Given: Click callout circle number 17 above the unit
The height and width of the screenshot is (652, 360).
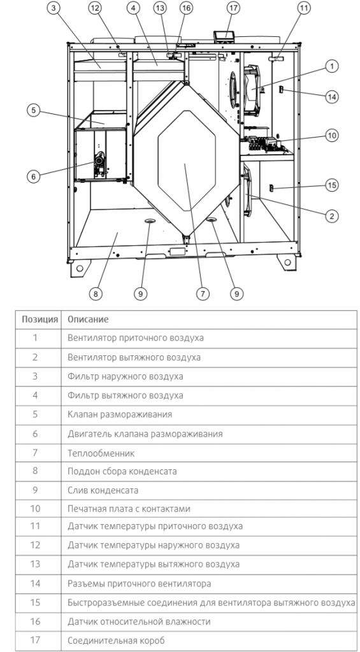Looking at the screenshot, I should click(x=233, y=8).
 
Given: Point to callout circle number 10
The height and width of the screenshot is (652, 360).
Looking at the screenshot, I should click(x=331, y=135).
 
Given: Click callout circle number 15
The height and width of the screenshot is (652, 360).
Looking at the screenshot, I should click(x=331, y=185).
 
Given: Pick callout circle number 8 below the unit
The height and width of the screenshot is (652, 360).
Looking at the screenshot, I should click(x=95, y=294).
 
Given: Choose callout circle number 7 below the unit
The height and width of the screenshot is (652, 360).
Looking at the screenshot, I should click(x=202, y=294).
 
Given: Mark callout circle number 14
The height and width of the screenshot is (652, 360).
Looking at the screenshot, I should click(x=331, y=97).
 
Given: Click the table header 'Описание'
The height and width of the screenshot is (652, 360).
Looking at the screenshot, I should click(x=88, y=319).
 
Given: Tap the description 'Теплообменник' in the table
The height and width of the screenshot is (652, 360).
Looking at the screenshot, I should click(x=101, y=453).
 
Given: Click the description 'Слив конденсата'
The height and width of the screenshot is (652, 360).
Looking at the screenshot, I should click(x=103, y=490).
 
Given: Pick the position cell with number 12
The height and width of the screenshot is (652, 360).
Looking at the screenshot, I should click(x=36, y=545).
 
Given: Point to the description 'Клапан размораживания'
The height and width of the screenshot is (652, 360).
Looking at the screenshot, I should click(x=120, y=415).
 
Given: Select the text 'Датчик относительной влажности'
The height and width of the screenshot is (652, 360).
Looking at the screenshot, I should click(x=139, y=621).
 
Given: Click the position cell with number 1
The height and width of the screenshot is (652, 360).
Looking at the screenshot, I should click(x=36, y=338).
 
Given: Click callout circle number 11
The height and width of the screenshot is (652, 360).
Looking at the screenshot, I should click(x=304, y=8).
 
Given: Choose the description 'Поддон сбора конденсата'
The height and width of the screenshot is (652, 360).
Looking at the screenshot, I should click(x=122, y=471).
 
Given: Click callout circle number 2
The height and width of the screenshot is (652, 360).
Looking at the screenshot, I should click(x=331, y=216).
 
